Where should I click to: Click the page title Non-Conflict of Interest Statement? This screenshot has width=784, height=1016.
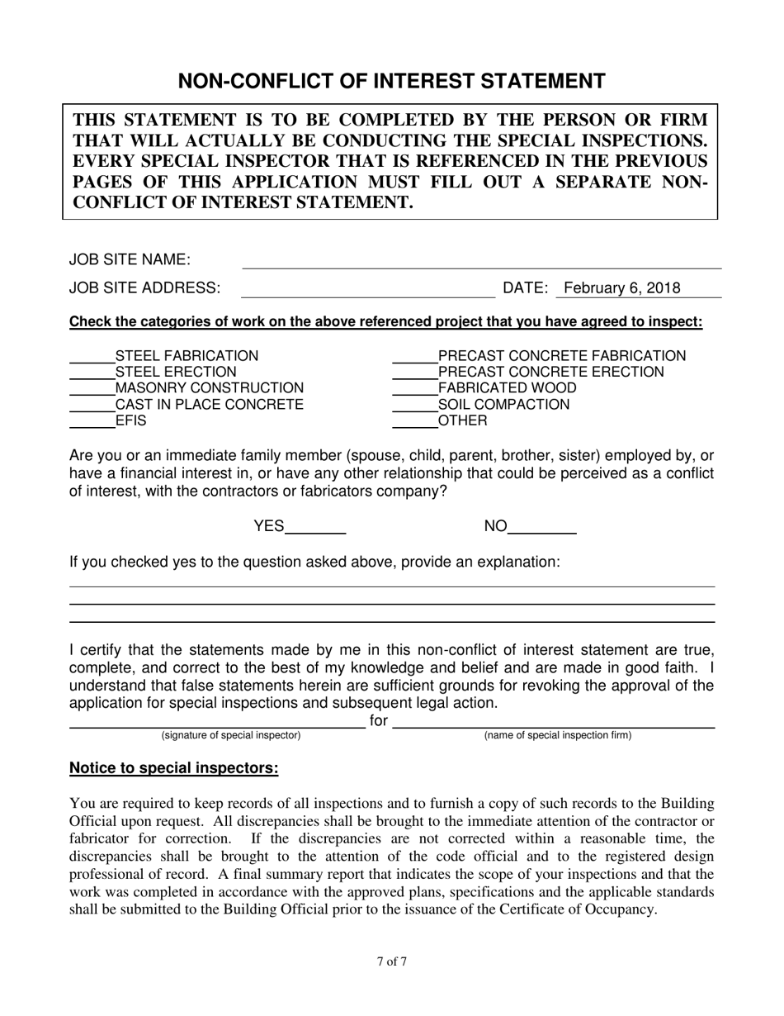click(392, 81)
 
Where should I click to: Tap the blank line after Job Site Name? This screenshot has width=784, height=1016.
click(481, 262)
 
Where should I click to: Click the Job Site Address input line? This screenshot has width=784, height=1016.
click(366, 290)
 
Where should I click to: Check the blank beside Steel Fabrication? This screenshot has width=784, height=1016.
click(92, 358)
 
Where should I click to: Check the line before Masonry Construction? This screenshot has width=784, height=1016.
click(92, 390)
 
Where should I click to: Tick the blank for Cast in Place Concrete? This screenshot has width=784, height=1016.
click(92, 406)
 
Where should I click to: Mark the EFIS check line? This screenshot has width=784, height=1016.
click(92, 422)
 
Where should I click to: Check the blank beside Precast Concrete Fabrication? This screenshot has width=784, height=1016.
click(414, 358)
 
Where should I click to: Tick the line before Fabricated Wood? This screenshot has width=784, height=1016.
click(414, 390)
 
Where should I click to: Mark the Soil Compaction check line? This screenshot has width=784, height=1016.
click(414, 406)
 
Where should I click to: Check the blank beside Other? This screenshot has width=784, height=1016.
click(414, 422)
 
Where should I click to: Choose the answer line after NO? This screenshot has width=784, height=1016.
click(541, 529)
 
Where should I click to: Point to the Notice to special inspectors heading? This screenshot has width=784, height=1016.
click(174, 768)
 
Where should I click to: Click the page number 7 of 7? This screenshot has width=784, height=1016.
click(392, 961)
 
